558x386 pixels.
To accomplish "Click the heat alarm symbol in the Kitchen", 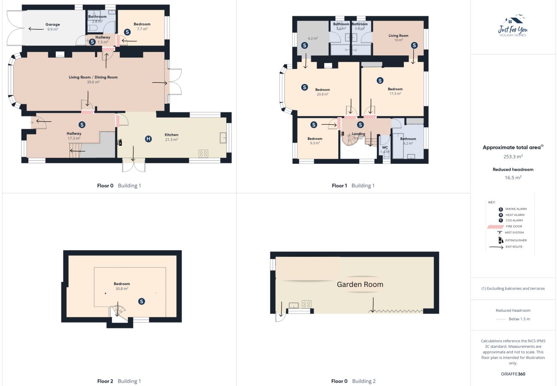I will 149,139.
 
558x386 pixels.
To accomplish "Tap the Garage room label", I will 52,24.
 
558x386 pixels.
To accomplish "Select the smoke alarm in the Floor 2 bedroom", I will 142,302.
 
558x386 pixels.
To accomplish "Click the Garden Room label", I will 360,284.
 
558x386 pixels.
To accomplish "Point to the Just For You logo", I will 513,26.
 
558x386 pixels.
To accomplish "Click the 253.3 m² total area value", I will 513,157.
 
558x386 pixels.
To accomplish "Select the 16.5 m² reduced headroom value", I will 513,177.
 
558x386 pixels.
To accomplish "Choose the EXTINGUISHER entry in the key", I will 516,240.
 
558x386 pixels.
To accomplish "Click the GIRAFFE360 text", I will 513,374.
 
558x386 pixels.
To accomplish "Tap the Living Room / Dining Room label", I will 93,77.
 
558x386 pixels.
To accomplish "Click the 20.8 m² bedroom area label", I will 323,94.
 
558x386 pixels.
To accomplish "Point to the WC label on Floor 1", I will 385,148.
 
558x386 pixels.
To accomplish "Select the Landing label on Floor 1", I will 358,134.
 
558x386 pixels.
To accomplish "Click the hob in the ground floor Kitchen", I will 203,154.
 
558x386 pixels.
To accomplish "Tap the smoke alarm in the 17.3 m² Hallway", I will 82,125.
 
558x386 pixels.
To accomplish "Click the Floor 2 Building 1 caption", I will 119,381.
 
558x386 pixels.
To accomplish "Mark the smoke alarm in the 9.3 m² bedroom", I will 314,125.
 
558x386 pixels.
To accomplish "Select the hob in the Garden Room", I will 306,304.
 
